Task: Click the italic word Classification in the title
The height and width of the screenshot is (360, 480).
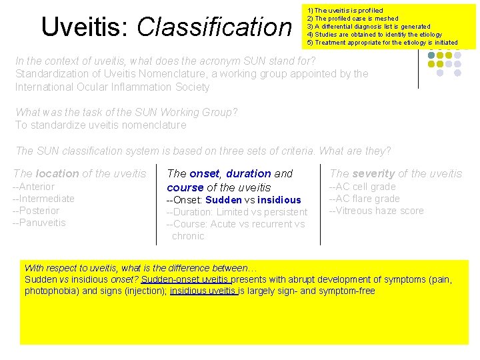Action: click(x=214, y=27)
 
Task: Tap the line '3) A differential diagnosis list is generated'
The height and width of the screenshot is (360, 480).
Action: click(x=374, y=27)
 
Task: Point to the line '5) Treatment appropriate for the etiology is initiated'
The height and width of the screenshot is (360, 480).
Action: click(x=382, y=43)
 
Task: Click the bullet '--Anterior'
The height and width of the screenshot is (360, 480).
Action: click(x=34, y=187)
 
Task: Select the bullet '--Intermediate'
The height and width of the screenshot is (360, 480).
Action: click(x=44, y=199)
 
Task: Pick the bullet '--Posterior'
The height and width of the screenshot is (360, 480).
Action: click(x=36, y=211)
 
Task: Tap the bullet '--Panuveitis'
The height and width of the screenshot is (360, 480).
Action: click(x=39, y=223)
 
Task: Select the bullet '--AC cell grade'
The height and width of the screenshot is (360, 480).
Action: click(x=362, y=187)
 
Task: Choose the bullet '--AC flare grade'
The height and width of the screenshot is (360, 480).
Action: click(x=364, y=199)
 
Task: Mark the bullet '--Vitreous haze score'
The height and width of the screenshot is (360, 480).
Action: click(x=376, y=211)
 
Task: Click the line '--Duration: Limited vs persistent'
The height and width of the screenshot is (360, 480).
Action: click(x=237, y=212)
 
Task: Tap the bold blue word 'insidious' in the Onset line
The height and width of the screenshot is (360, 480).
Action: click(x=279, y=200)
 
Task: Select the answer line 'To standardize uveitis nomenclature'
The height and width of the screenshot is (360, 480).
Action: click(x=101, y=125)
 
